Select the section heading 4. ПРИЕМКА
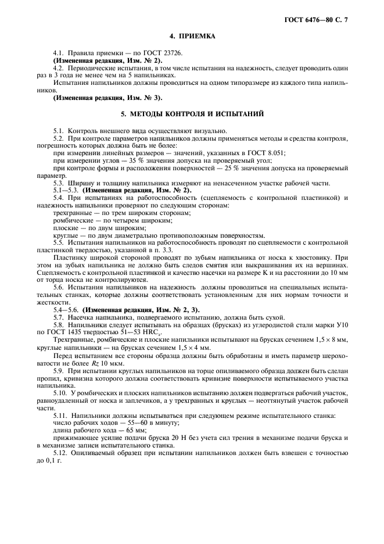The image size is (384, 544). pos(192,37)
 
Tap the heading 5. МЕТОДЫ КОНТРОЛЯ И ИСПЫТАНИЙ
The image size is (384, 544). pos(192,113)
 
